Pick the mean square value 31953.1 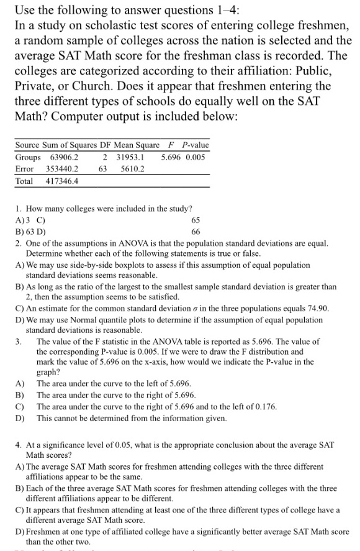(130, 157)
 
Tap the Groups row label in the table (27, 157)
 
